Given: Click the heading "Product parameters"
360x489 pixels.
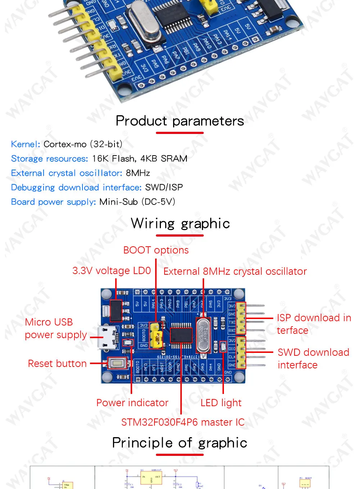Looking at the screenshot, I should click(180, 121).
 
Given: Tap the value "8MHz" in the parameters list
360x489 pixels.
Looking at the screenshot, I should click(138, 173).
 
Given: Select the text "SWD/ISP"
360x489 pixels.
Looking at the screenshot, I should click(164, 187).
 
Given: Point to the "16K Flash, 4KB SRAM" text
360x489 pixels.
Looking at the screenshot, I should click(140, 158).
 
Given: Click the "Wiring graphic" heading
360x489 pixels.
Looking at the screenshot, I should click(180, 223).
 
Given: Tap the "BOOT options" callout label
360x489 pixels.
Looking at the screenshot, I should click(156, 250).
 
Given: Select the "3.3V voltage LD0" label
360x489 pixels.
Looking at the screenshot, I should click(112, 270).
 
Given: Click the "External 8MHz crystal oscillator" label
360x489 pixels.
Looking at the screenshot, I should click(235, 271).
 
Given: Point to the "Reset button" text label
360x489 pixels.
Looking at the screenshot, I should click(57, 363).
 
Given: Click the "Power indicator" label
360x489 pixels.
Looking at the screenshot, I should click(132, 403).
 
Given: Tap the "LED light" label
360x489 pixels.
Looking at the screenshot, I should click(221, 403).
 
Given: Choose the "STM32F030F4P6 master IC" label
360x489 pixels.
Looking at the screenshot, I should click(183, 422).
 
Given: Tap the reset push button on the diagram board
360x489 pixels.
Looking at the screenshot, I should click(117, 363).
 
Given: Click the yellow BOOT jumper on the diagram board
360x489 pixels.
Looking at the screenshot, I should click(156, 335).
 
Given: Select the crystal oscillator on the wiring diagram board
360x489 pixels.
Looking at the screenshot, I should click(203, 335).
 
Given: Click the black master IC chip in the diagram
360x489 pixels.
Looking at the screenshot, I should click(181, 335).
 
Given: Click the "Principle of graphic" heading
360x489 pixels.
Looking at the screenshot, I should click(180, 443).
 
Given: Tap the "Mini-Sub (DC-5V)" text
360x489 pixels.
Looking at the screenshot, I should click(137, 202).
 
